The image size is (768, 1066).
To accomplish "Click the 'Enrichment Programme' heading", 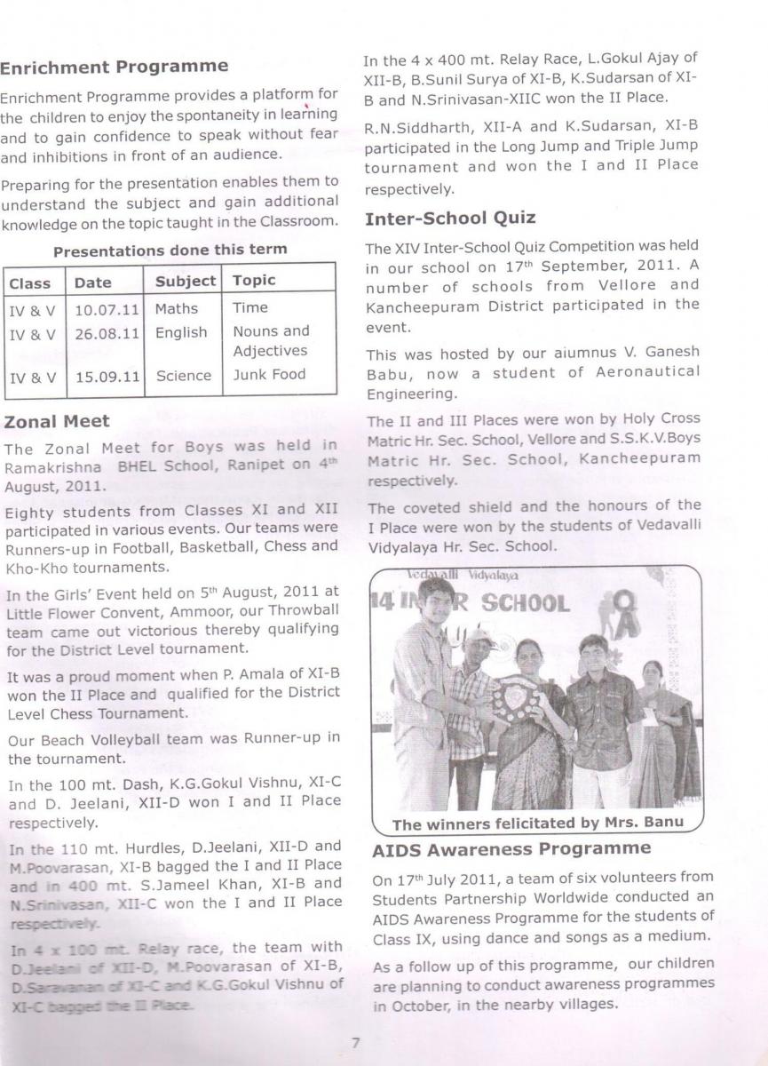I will point(115,67).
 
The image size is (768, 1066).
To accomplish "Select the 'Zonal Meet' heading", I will point(57,421).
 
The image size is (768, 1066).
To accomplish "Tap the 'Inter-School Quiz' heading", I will point(450,219).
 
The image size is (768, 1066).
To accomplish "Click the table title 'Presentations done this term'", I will point(170,250).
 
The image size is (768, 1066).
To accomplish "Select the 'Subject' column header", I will point(186,282).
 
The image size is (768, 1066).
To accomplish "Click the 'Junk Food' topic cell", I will point(269,375).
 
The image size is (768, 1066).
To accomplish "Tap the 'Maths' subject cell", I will point(176,309).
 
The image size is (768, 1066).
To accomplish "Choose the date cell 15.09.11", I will point(107,377).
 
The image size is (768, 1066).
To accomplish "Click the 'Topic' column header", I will point(254,282).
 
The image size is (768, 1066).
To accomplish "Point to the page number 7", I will point(354,1042).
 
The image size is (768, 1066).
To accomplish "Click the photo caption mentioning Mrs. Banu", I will point(538,823).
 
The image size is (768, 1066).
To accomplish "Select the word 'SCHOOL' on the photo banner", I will point(525,605).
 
